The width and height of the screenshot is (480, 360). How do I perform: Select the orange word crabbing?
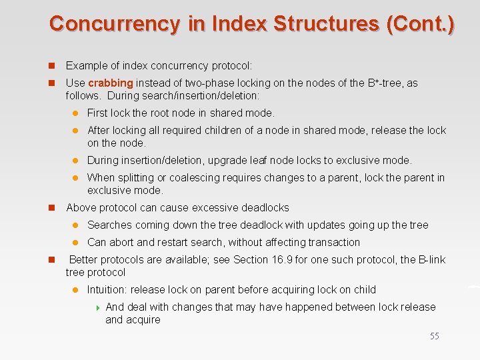click(111, 83)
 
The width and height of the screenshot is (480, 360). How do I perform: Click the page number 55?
click(434, 336)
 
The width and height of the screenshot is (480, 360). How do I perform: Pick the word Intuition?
click(107, 289)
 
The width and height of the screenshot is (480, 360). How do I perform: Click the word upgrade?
click(229, 160)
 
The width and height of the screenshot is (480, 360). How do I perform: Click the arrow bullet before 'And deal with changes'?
click(98, 307)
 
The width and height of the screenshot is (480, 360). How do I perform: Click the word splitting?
click(137, 177)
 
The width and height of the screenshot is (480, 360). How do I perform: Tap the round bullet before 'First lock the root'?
click(76, 113)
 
